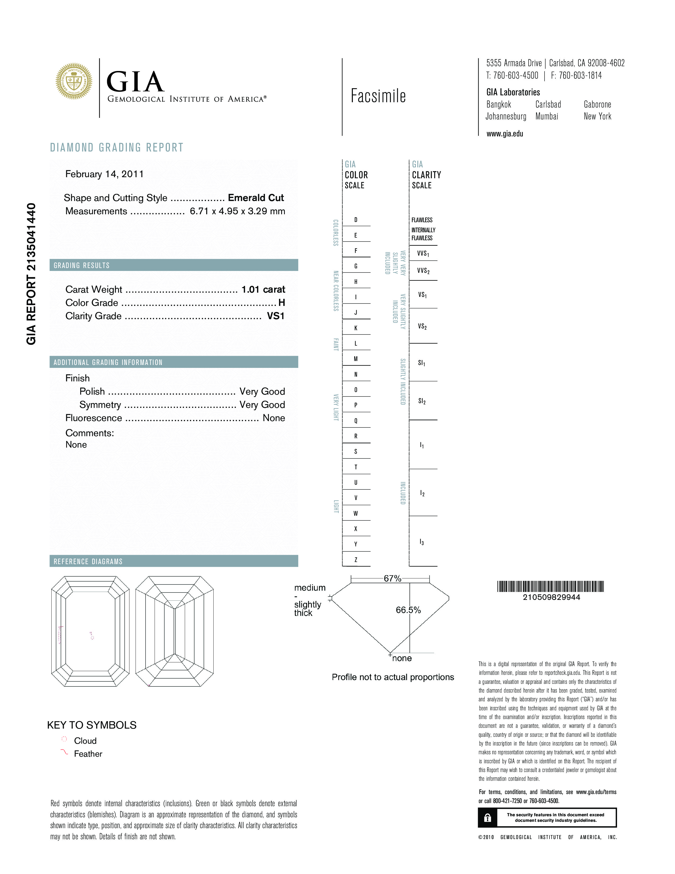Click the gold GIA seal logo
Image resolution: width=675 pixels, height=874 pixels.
click(x=74, y=81)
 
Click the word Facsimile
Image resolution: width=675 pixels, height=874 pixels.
click(x=378, y=96)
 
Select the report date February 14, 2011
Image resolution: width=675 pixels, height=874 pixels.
click(x=104, y=174)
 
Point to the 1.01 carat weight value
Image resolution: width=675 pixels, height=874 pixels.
click(x=263, y=289)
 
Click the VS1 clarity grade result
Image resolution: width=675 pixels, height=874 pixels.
click(x=276, y=316)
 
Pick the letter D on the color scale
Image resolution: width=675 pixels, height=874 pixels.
click(x=355, y=220)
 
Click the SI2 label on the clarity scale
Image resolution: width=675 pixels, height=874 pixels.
click(x=422, y=401)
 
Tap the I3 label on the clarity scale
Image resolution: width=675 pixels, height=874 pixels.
click(x=422, y=542)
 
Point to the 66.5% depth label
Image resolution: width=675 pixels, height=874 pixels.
click(x=408, y=610)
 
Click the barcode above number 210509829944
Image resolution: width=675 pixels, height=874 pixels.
click(x=550, y=587)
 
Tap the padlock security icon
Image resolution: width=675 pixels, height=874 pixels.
click(x=487, y=818)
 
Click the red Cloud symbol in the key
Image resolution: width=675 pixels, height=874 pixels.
click(x=64, y=739)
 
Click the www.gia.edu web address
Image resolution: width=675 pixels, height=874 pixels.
click(x=505, y=134)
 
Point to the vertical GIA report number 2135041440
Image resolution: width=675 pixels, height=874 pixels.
click(x=31, y=274)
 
